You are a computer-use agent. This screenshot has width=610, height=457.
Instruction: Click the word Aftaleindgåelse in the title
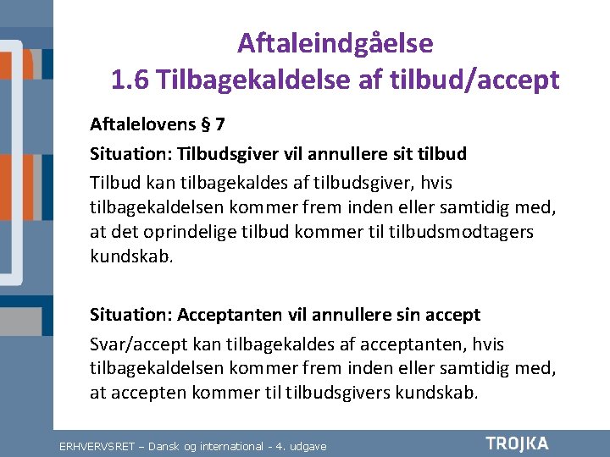(335, 42)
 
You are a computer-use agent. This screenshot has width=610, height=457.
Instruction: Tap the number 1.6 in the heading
(130, 80)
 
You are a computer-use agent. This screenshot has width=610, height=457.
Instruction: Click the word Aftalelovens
(141, 125)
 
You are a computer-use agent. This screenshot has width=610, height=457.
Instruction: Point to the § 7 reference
(213, 125)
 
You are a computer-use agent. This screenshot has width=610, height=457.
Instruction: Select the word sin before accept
(409, 315)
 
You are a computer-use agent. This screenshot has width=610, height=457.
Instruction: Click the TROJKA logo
(517, 443)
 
